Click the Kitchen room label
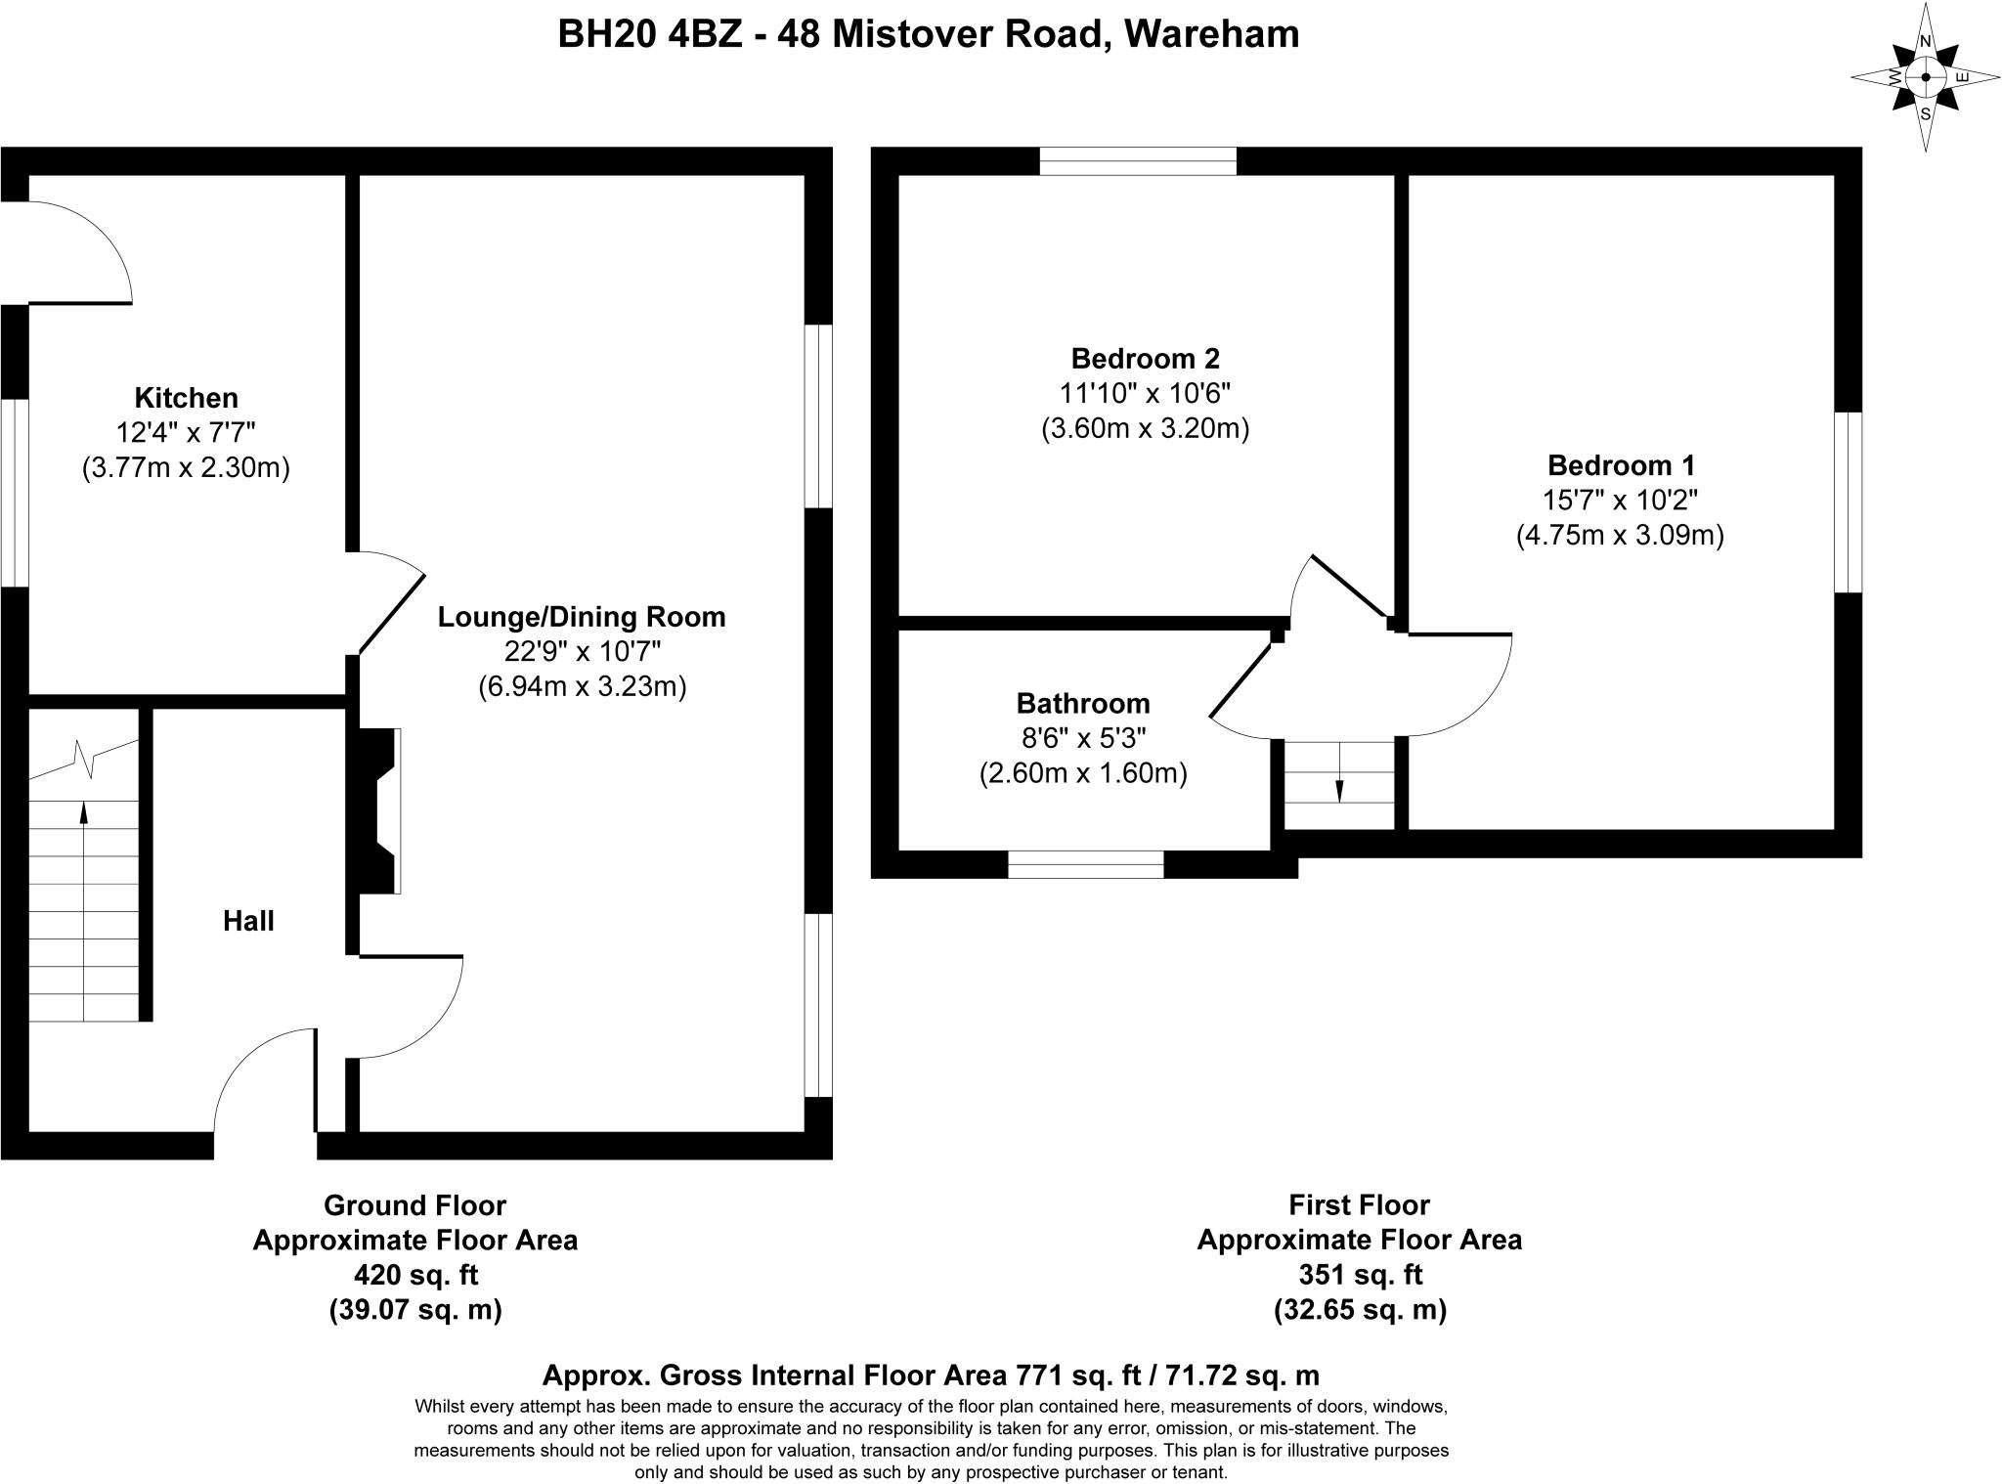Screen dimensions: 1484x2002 click(186, 398)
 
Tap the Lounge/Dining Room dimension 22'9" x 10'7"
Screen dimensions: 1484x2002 click(582, 651)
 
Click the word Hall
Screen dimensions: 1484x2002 click(248, 921)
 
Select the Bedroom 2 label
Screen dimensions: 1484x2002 click(1145, 358)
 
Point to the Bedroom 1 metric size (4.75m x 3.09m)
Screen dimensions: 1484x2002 click(1620, 536)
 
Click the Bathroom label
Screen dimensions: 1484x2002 click(1083, 703)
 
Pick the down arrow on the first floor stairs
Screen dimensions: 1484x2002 click(1338, 788)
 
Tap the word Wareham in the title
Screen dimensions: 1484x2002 click(1211, 34)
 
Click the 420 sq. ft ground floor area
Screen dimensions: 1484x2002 click(415, 1275)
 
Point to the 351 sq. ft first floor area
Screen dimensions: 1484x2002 click(1360, 1275)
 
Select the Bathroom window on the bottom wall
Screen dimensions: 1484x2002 click(1085, 864)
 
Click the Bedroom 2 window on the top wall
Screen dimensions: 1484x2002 click(1138, 161)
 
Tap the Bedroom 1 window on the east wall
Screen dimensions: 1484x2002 click(1848, 502)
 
